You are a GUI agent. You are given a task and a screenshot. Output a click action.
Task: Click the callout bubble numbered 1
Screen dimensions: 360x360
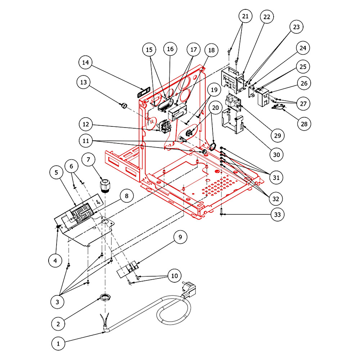click(57, 344)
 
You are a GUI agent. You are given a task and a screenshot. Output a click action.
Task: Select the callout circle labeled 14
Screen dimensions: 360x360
click(85, 63)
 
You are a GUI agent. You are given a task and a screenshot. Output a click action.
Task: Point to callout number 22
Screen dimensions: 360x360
click(268, 17)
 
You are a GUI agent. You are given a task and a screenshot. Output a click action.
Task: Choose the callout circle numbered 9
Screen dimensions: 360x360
click(180, 237)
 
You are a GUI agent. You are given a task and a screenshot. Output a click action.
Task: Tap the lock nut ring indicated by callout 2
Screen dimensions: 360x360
click(105, 297)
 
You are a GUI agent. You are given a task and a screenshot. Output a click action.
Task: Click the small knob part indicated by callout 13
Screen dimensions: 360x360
click(123, 105)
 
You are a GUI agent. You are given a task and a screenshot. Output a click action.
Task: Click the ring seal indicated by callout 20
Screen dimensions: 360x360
click(213, 147)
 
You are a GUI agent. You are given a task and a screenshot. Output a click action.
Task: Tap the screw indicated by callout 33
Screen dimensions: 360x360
click(221, 212)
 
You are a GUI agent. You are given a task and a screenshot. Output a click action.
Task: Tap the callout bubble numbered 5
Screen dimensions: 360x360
click(56, 173)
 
